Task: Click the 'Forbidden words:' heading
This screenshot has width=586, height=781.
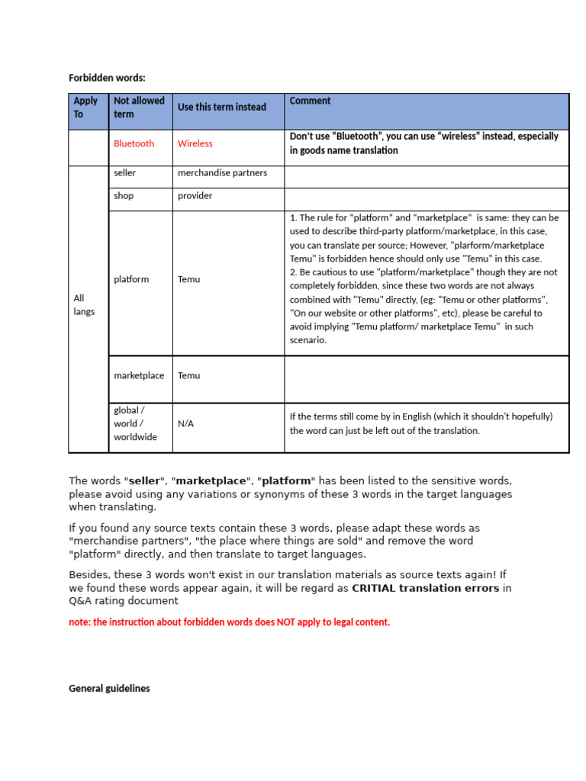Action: click(x=107, y=78)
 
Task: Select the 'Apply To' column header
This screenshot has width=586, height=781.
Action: click(x=85, y=108)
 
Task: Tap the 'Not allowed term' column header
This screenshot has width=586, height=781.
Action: click(x=139, y=108)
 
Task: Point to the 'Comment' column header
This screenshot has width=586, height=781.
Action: click(x=310, y=101)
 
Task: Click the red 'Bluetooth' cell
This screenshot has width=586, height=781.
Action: click(x=134, y=143)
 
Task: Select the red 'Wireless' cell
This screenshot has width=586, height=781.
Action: click(x=195, y=143)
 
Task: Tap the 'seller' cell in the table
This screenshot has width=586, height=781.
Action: click(x=124, y=173)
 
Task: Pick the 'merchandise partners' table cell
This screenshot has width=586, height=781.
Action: click(x=222, y=173)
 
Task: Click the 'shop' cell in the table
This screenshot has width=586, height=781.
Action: click(x=123, y=196)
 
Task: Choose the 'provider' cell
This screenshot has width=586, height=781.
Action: click(x=195, y=196)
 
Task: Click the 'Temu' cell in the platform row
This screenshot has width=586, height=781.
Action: click(x=188, y=279)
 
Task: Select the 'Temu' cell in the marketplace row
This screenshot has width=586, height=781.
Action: click(x=188, y=375)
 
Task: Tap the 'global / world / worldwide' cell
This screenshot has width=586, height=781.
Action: click(x=135, y=423)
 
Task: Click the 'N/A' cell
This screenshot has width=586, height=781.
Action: click(x=185, y=423)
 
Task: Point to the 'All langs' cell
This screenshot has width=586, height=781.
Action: click(x=84, y=305)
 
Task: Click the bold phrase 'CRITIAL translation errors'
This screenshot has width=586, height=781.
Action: click(x=425, y=588)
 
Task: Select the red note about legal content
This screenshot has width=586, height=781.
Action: click(x=229, y=622)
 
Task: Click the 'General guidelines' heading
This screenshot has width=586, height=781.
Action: click(x=109, y=688)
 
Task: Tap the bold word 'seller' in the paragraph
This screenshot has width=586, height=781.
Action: click(x=144, y=481)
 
